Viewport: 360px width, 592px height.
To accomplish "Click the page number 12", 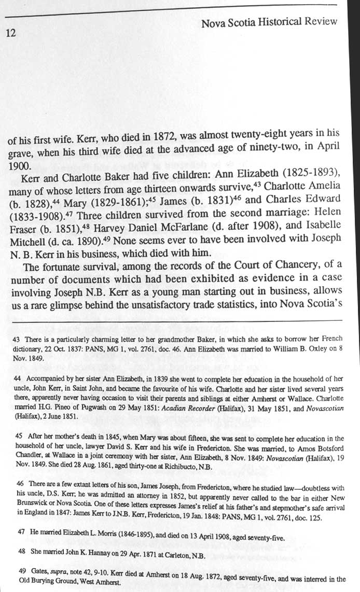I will tap(11, 33).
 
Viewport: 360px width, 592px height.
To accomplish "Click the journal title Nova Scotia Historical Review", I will tap(269, 22).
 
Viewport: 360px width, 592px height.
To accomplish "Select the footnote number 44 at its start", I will tap(15, 378).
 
